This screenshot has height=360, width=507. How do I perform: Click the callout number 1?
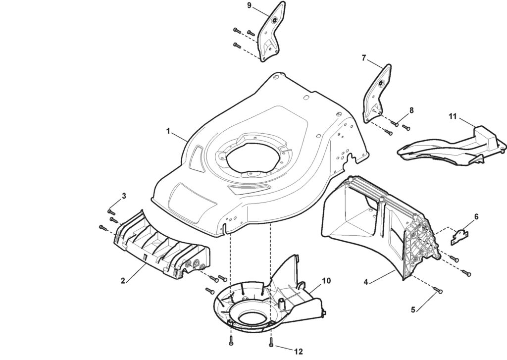tap(168, 131)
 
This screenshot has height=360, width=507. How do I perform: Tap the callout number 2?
tap(122, 281)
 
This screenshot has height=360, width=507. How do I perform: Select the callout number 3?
tap(124, 196)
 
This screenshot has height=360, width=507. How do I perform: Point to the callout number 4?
tap(365, 282)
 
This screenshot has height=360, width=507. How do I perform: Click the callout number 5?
tap(413, 310)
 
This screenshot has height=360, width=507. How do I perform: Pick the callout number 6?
tap(476, 216)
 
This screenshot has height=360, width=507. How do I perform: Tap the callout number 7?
tap(364, 58)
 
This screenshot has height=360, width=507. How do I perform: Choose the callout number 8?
tap(411, 109)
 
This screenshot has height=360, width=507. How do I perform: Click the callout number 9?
tap(249, 5)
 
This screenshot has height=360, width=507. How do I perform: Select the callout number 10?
tap(326, 281)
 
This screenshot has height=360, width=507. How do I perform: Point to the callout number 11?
tap(452, 116)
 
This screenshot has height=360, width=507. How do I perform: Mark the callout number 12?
tap(298, 352)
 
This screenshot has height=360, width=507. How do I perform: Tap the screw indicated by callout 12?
tap(271, 342)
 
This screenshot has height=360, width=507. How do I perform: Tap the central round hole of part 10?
tap(253, 312)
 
